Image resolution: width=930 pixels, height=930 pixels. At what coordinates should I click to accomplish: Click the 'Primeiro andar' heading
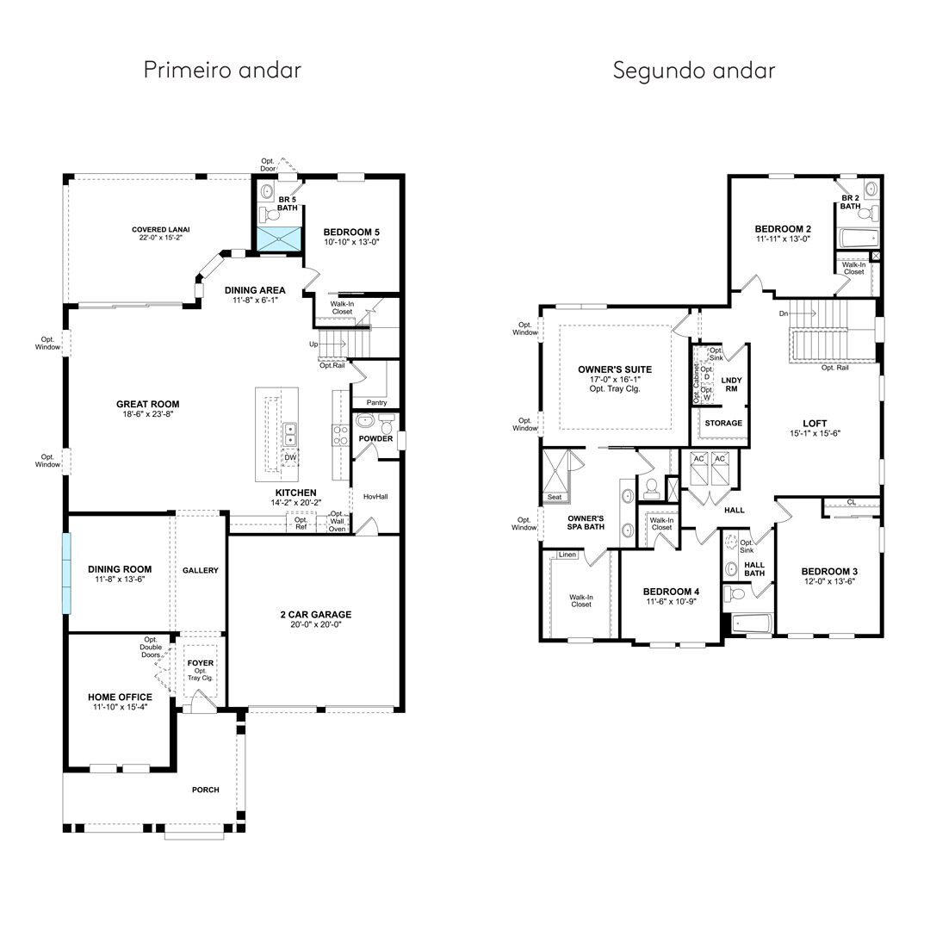[222, 70]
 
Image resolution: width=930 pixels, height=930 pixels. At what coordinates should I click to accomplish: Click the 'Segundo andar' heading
[694, 71]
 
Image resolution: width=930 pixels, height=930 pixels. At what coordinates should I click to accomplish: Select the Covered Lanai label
[161, 230]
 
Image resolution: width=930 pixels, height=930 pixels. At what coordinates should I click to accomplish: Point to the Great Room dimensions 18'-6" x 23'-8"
[148, 414]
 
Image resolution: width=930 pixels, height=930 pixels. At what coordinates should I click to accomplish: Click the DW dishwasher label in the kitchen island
[290, 457]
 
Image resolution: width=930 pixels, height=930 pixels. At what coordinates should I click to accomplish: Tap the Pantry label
[376, 402]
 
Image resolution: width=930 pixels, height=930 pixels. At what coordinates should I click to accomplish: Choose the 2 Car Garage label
[316, 615]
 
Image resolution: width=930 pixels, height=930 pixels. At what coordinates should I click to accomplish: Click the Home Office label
[120, 697]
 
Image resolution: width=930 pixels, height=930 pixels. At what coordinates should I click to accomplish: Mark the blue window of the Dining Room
[66, 573]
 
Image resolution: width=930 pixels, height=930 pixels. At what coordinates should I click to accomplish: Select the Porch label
[205, 790]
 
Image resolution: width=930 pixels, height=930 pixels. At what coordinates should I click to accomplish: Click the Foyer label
[201, 663]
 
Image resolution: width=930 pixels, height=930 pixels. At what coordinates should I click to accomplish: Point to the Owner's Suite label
[615, 369]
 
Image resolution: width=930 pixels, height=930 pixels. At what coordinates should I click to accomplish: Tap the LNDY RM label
[731, 384]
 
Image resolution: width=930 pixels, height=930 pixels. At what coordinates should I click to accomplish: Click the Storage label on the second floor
[723, 423]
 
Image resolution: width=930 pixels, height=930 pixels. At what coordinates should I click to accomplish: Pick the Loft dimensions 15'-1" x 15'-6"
[815, 433]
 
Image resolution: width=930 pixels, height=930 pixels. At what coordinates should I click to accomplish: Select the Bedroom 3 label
[829, 571]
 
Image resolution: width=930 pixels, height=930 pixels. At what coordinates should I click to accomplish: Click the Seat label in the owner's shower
[555, 497]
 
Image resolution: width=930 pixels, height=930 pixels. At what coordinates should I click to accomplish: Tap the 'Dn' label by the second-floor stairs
[784, 313]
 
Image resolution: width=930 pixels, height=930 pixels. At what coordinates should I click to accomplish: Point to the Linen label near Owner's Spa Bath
[567, 555]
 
